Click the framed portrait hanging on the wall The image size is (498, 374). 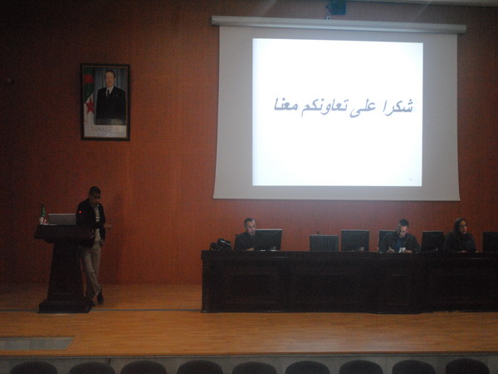(x=105, y=102)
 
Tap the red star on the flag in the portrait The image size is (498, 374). (x=90, y=106)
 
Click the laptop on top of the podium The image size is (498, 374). (x=62, y=219)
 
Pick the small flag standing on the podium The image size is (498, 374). (x=42, y=214)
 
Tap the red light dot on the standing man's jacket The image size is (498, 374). (x=80, y=212)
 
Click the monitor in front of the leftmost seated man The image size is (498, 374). (x=268, y=239)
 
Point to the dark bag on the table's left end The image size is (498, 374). (x=221, y=244)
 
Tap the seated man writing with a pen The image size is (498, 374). (x=399, y=237)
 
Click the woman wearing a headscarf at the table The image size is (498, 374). (x=460, y=236)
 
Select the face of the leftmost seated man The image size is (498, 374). (x=251, y=227)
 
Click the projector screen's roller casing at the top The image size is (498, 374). (x=339, y=25)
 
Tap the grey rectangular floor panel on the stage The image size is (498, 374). (x=37, y=343)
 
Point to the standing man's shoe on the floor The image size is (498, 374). (x=100, y=298)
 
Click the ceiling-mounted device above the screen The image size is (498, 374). (x=335, y=7)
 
